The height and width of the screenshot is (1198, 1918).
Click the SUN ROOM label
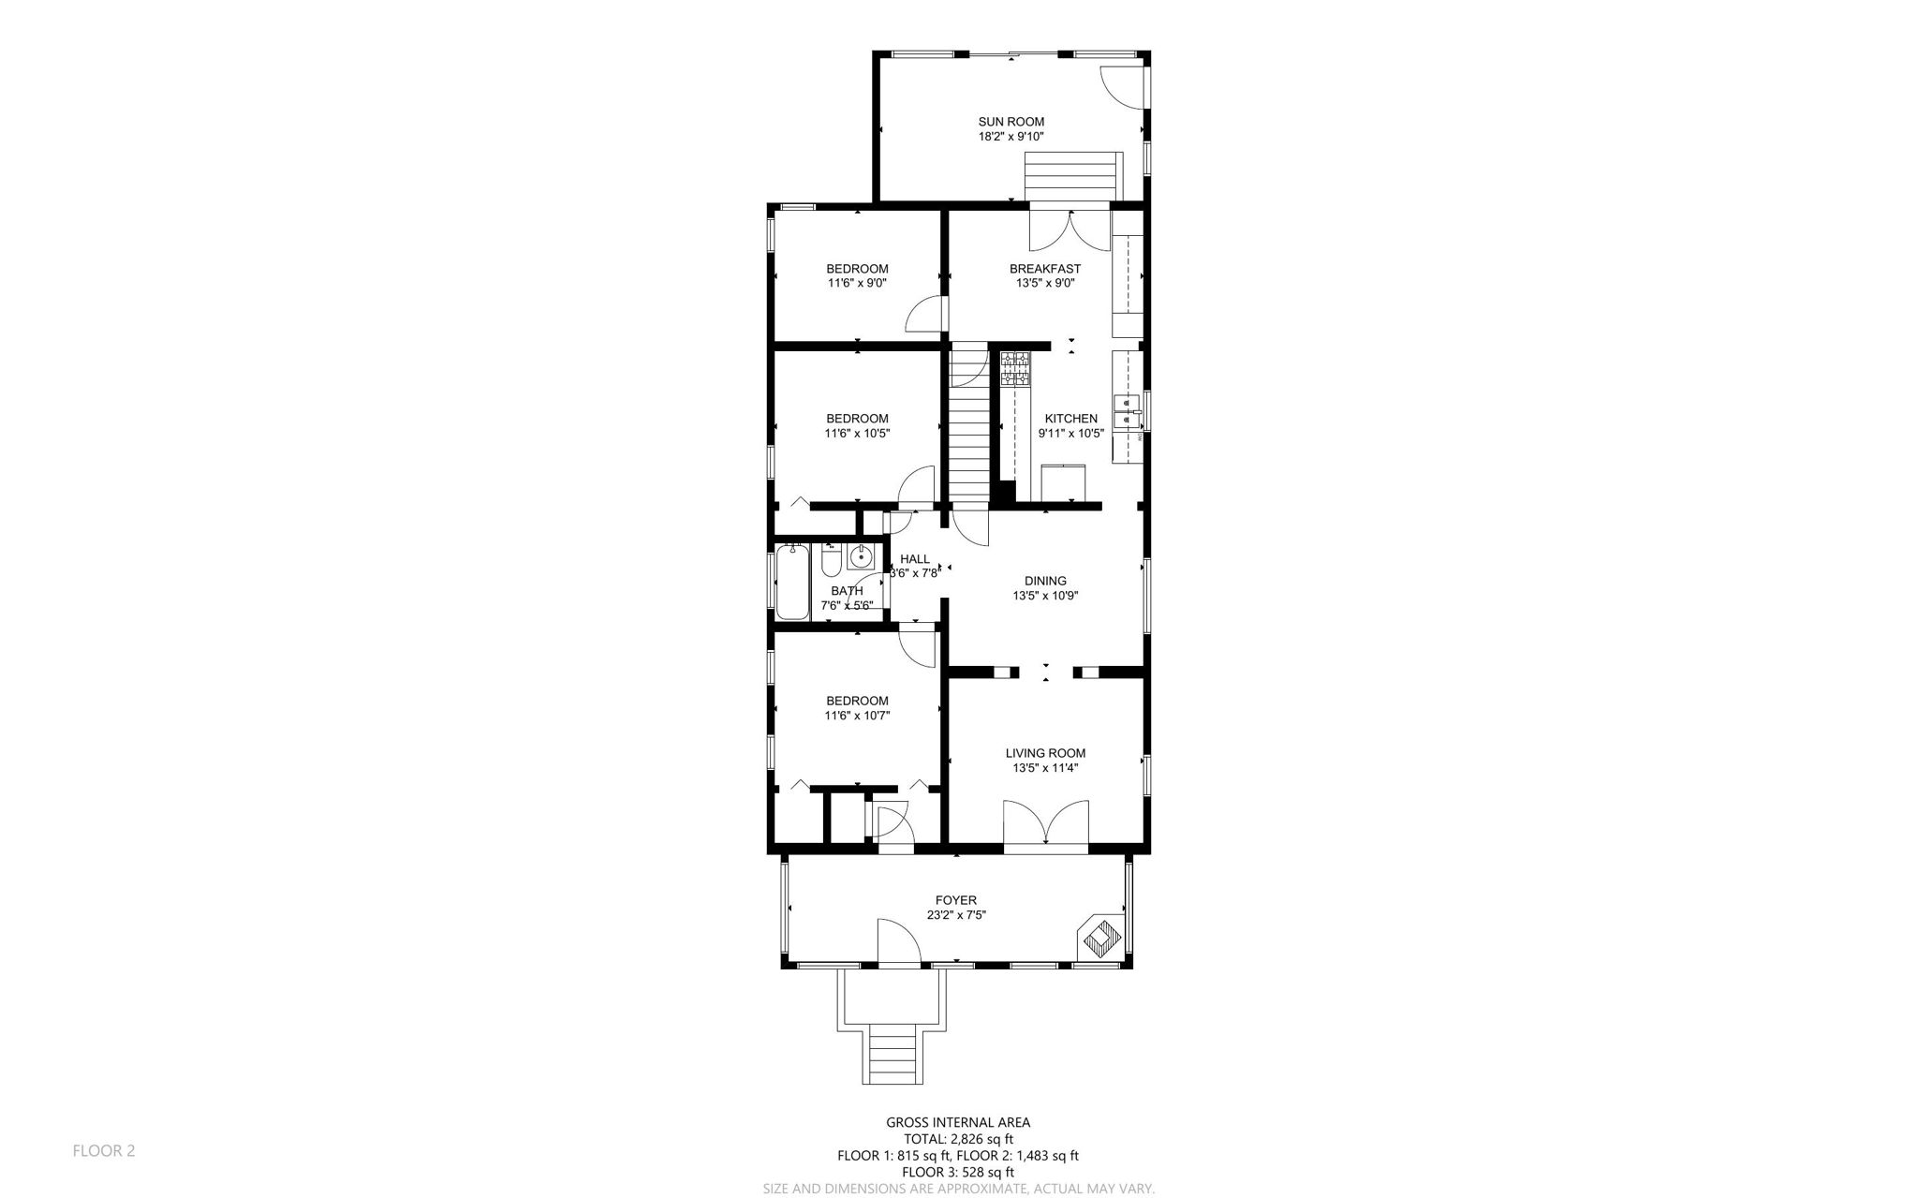coord(1011,122)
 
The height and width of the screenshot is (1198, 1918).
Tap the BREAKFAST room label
coord(1044,269)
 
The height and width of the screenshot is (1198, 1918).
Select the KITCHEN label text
coord(1070,419)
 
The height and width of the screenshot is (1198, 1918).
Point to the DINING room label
coord(1044,581)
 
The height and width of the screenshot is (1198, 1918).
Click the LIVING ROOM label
coord(1045,753)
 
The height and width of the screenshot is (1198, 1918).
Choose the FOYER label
coord(955,901)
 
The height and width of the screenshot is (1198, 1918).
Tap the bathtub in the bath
coord(792,582)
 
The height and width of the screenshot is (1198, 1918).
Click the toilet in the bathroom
coord(831,561)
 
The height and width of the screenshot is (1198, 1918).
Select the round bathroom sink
coord(860,557)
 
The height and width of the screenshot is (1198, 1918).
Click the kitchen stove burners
coord(1014,367)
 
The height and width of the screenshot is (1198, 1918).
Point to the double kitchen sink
coord(1125,412)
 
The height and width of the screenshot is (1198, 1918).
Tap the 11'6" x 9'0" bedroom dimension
coord(857,283)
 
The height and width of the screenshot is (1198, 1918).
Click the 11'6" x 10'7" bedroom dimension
coord(857,716)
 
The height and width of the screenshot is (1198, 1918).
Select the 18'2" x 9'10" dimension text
coord(1011,137)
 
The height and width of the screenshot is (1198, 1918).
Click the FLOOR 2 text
coord(104,1150)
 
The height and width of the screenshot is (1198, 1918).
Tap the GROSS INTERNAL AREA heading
coord(958,1122)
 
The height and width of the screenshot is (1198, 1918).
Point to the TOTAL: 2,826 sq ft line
coord(958,1139)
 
